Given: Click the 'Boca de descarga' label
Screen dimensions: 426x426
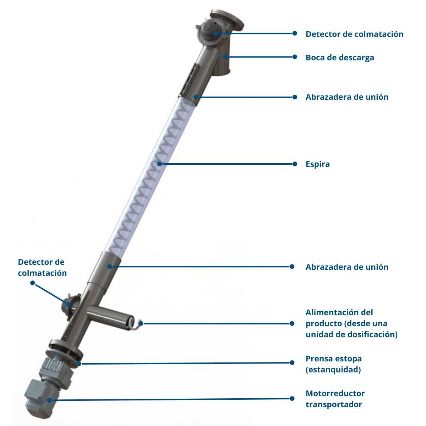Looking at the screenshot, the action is click(x=340, y=58).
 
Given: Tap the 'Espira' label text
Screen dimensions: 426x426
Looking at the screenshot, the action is click(x=318, y=164).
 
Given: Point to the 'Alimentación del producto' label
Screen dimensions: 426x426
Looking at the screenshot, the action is click(x=351, y=323).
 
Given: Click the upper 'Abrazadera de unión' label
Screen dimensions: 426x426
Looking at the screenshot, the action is click(x=347, y=97).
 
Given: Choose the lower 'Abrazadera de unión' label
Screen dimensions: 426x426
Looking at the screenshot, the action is click(x=347, y=267).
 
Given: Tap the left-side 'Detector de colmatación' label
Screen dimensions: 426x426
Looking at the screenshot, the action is click(x=42, y=268).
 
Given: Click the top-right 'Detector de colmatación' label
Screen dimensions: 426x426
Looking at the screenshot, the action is click(x=354, y=34).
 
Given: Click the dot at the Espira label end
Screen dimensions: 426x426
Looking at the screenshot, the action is click(x=295, y=164).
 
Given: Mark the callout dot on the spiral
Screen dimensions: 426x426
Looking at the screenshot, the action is click(x=160, y=164).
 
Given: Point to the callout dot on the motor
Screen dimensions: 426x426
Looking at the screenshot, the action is click(x=49, y=400).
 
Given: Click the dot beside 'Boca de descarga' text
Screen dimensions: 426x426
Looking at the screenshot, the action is click(x=295, y=57).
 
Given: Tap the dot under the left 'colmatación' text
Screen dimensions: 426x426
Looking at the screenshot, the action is click(x=33, y=283).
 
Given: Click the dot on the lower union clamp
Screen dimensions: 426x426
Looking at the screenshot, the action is click(x=110, y=267).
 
